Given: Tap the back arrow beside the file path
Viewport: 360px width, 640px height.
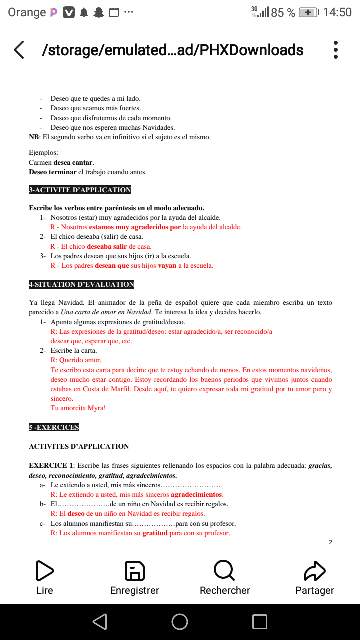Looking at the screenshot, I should click(19, 50).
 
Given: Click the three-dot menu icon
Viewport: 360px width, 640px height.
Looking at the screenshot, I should click(336, 50).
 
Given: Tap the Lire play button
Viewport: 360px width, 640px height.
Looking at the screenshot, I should click(44, 571).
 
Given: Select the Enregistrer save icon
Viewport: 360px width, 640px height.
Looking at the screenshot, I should click(134, 571).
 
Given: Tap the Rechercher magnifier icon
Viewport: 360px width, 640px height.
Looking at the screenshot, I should click(224, 571).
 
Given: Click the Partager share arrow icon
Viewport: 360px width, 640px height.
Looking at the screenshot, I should click(315, 571).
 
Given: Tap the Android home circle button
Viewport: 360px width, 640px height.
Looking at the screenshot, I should click(180, 621).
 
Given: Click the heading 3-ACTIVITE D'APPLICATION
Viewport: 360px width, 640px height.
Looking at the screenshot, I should click(80, 190).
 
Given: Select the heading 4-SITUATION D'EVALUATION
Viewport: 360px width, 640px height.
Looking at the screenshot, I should click(81, 284).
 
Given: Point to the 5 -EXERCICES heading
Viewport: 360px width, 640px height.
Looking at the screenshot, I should click(54, 427).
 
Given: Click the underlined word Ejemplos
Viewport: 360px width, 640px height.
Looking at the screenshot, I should click(43, 153).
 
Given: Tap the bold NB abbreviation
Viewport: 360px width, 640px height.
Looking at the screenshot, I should click(34, 137).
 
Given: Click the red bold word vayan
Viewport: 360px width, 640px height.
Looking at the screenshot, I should click(167, 266).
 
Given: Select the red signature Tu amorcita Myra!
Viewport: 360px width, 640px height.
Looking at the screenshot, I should click(78, 408).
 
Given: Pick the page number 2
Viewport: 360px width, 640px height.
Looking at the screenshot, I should click(330, 542).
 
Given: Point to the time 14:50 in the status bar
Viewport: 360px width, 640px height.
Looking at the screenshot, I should click(337, 12).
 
